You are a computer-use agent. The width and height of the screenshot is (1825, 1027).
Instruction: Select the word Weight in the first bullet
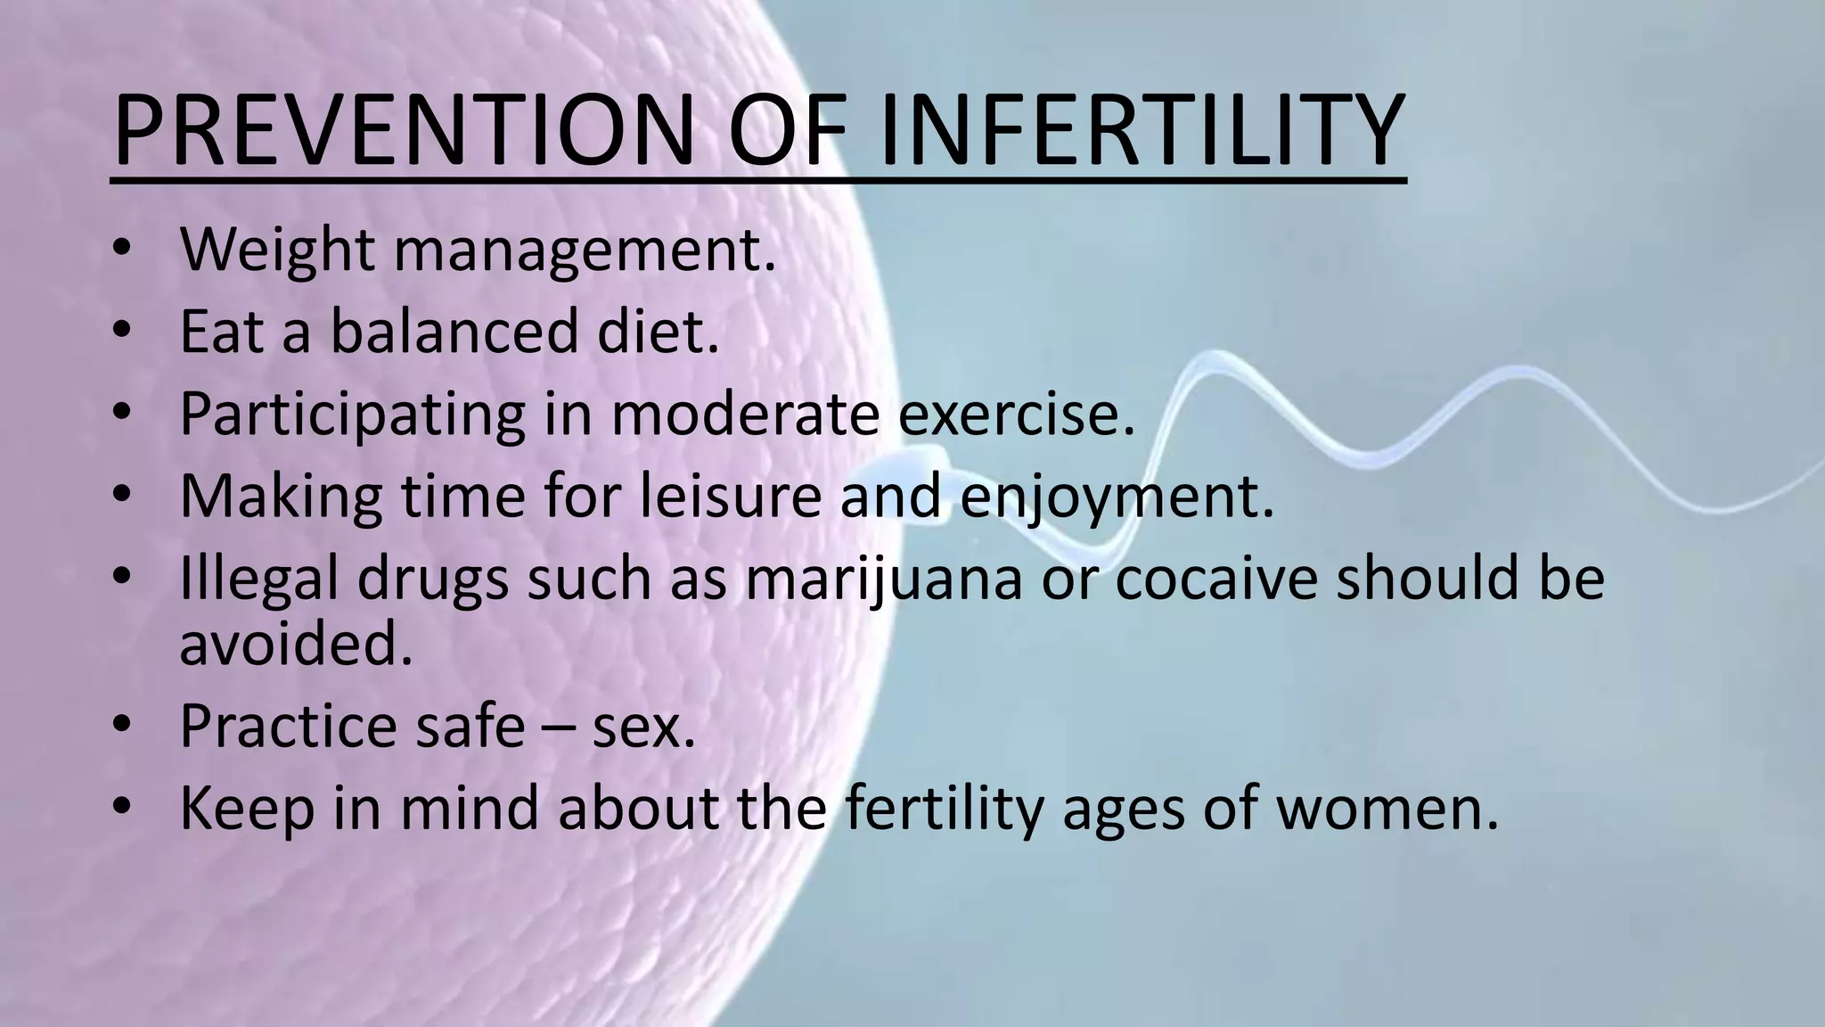(277, 251)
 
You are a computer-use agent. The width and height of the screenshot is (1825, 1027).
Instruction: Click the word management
(585, 251)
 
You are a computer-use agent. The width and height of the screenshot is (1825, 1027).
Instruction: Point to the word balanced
(455, 332)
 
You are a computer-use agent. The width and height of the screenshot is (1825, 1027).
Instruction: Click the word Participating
(353, 415)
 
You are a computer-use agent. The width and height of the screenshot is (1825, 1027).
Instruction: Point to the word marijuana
(883, 579)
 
